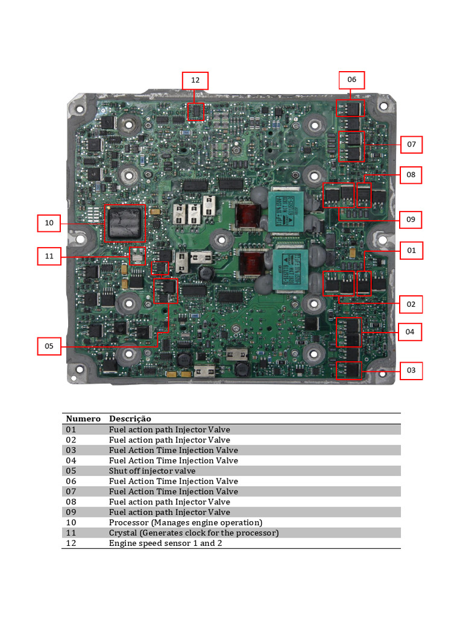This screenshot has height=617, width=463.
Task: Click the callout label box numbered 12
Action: (195, 81)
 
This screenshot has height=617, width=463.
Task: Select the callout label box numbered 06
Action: (351, 80)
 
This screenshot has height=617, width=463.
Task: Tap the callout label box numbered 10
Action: (49, 223)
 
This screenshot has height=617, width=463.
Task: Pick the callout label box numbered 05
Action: (49, 346)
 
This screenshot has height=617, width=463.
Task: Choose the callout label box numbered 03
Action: (411, 371)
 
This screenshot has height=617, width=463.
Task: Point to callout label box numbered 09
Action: (411, 219)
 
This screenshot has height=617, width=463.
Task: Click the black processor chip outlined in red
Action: (125, 223)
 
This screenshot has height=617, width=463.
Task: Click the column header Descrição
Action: (130, 419)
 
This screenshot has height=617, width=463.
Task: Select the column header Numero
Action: (83, 419)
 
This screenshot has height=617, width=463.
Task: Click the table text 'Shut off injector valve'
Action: (152, 471)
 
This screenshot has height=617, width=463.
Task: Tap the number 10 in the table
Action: (72, 522)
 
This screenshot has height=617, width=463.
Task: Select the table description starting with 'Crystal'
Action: (194, 533)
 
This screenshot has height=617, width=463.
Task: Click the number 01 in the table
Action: (72, 430)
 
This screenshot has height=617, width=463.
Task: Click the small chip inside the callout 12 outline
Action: (197, 111)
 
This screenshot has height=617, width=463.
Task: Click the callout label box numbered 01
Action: (411, 251)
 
